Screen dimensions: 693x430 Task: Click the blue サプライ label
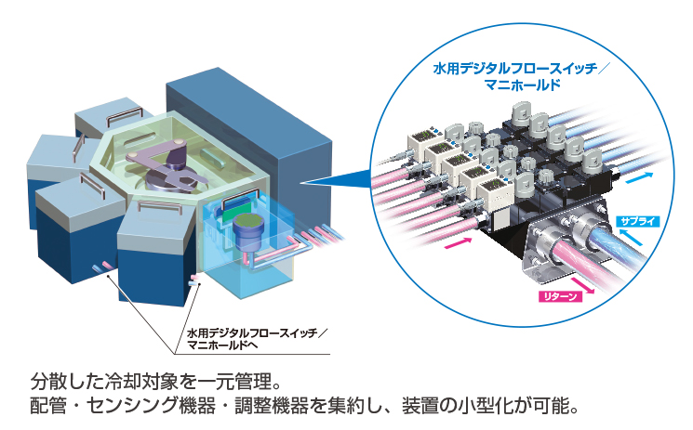tap(637, 221)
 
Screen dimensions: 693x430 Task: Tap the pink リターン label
tap(560, 296)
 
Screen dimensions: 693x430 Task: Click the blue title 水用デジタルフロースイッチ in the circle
tap(515, 69)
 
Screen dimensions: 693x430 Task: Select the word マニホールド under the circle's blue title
tap(522, 85)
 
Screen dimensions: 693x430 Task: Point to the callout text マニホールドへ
tap(222, 345)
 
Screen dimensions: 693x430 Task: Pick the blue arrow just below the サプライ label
tap(633, 238)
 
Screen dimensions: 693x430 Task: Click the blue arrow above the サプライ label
tap(640, 178)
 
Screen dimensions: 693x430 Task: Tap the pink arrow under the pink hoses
tap(459, 243)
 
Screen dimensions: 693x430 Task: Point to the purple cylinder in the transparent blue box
tap(247, 233)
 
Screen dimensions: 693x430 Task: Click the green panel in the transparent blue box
tap(233, 214)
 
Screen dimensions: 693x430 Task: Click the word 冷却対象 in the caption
tap(141, 381)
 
